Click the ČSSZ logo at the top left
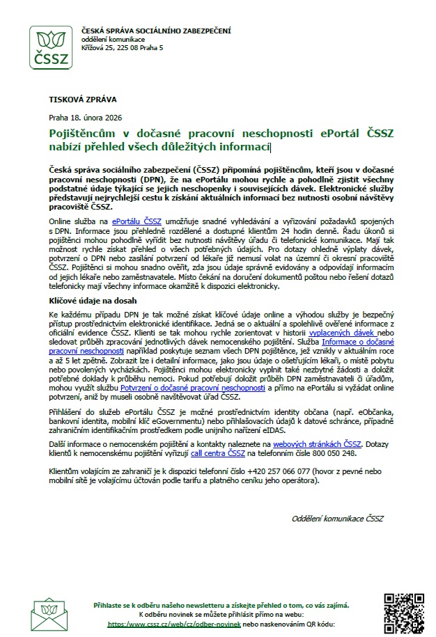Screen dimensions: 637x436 point(51,48)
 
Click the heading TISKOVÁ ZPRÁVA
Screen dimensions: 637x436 point(82,100)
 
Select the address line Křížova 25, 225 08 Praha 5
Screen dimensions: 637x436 point(122,47)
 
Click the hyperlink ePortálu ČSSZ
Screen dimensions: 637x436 point(137,221)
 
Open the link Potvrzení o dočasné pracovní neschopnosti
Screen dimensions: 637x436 point(193,387)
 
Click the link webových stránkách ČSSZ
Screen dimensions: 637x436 point(317,443)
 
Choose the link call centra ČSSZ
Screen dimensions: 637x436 point(217,453)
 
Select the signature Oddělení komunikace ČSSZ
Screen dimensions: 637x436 point(337,519)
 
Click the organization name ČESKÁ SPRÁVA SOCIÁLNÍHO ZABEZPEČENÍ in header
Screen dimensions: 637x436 point(156,31)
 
